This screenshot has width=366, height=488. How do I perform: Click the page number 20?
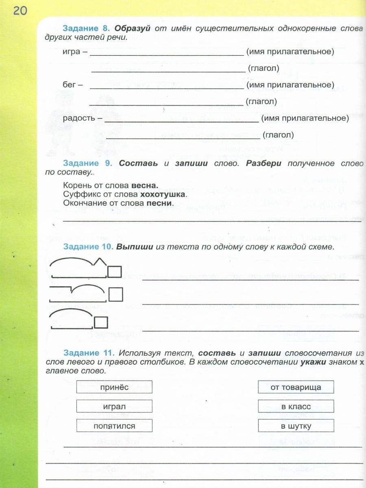click(x=20, y=11)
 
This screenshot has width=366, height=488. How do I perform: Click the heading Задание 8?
click(x=86, y=29)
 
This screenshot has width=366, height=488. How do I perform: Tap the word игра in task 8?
click(x=72, y=52)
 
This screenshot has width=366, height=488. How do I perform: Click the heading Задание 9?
click(x=86, y=163)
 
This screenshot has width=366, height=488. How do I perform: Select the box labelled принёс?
click(x=114, y=387)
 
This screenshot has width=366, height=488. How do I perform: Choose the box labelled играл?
click(x=114, y=406)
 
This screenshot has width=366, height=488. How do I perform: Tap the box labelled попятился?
click(x=114, y=426)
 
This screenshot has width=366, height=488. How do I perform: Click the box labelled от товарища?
click(x=296, y=387)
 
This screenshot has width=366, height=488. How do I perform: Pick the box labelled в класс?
click(x=296, y=406)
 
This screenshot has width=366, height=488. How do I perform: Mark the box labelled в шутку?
click(x=296, y=426)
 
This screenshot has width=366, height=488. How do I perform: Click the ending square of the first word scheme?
click(x=115, y=271)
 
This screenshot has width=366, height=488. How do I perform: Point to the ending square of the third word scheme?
click(x=101, y=322)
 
